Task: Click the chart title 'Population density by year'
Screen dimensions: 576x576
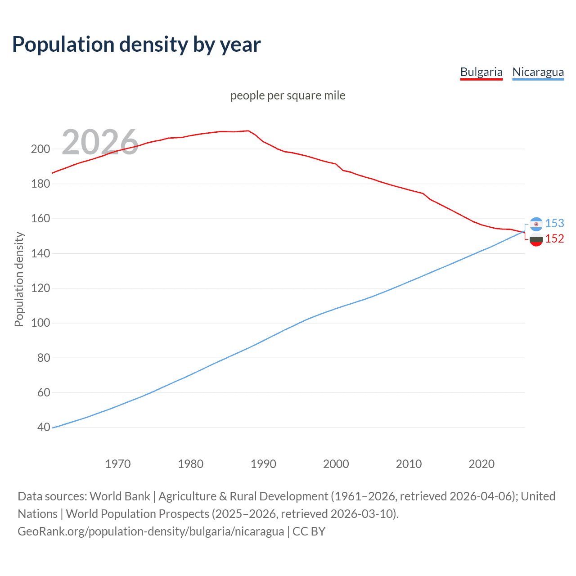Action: [x=136, y=45]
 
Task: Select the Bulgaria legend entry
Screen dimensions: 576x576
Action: [x=481, y=72]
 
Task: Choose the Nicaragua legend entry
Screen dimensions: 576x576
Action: [x=538, y=72]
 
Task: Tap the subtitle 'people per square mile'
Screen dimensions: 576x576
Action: [x=288, y=96]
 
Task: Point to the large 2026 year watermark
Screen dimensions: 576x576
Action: [x=100, y=142]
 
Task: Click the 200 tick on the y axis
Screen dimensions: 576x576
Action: [x=40, y=149]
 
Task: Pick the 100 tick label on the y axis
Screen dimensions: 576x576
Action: [x=40, y=323]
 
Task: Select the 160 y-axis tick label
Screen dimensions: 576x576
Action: [x=40, y=219]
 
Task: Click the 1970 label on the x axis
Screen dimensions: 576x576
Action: [x=118, y=464]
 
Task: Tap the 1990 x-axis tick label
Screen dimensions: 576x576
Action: [x=263, y=464]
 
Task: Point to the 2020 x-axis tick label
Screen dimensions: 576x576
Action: [x=481, y=464]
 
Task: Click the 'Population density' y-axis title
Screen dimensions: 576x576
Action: [x=19, y=279]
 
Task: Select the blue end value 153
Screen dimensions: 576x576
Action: [x=554, y=223]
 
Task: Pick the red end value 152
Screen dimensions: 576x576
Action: [x=554, y=239]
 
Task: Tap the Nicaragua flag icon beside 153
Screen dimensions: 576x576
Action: [x=536, y=224]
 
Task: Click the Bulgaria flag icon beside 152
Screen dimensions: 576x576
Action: [x=536, y=239]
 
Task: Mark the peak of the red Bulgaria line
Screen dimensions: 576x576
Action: [x=248, y=131]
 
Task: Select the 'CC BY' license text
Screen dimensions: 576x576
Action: [x=309, y=531]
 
